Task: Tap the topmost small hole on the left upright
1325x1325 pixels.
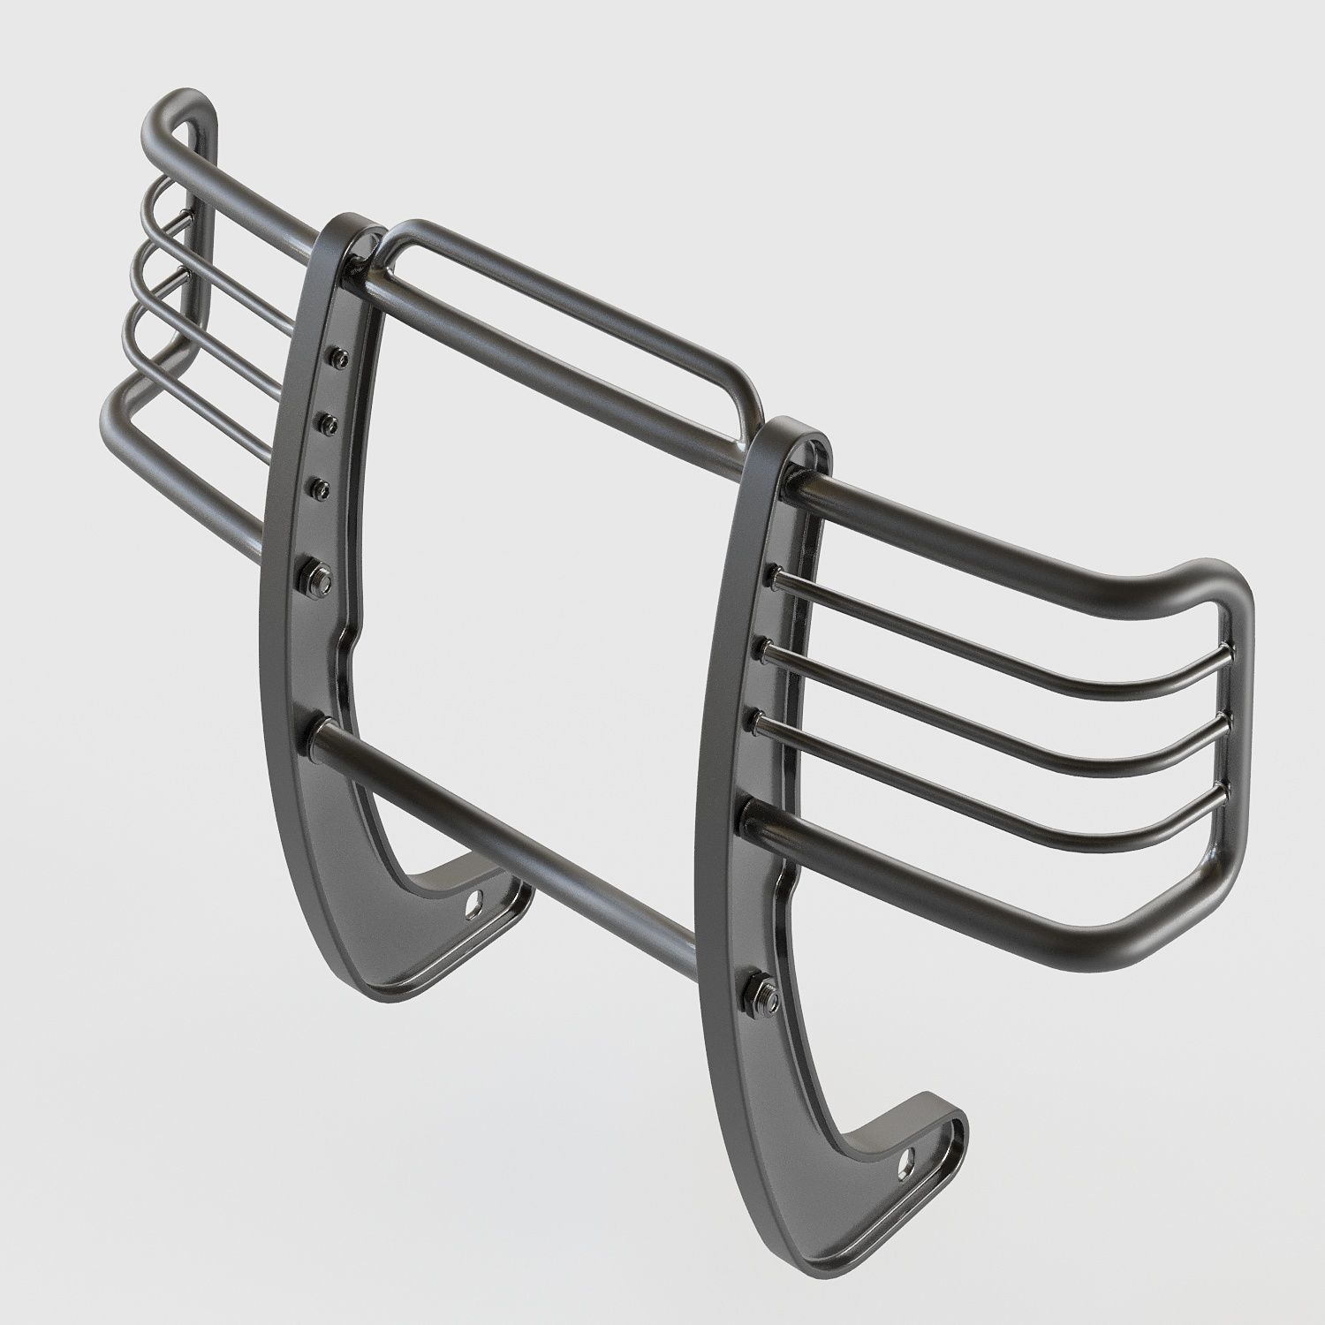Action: point(337,356)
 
